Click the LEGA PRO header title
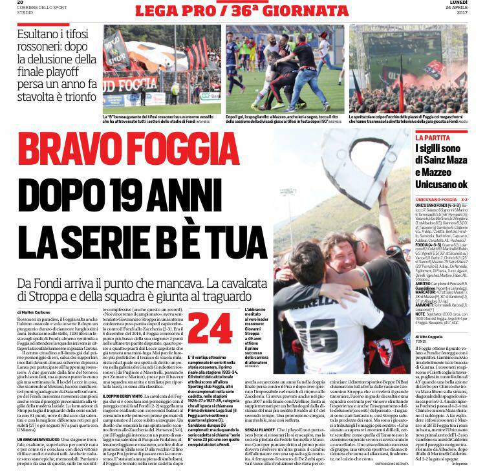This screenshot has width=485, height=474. click(x=194, y=11)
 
